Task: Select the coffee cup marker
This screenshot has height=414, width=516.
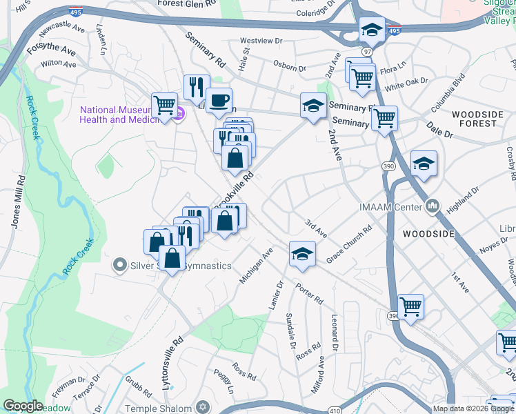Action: (219, 101)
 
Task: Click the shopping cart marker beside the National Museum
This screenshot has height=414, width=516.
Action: (164, 106)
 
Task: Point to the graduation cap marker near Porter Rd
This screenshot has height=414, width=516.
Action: (302, 254)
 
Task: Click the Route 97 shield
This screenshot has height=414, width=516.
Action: (368, 52)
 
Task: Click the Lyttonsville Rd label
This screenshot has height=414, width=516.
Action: (175, 359)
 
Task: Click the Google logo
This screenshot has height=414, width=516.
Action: (23, 406)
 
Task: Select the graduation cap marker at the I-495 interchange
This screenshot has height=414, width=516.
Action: (372, 30)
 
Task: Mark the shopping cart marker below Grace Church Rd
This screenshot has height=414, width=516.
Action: (410, 306)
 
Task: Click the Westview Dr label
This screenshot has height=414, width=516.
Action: (261, 41)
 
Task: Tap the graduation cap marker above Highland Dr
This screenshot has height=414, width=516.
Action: (424, 164)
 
